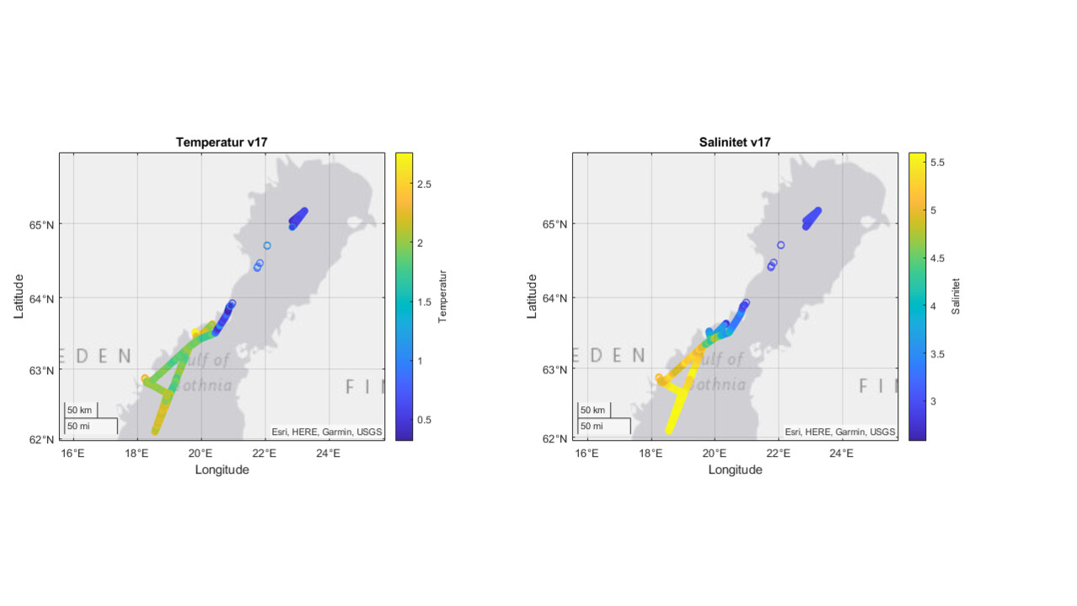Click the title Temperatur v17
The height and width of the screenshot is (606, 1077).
coord(222,142)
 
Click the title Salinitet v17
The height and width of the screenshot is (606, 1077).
coord(735,142)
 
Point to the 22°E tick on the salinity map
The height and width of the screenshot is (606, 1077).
coord(779,453)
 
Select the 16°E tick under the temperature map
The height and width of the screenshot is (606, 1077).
coord(74,453)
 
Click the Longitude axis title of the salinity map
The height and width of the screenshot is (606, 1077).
coord(735,469)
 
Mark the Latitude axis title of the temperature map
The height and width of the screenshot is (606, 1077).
coord(19,296)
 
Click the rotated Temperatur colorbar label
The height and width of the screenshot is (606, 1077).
coord(443,296)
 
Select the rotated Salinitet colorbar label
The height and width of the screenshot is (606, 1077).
coord(956,296)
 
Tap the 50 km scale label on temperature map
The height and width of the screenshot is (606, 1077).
coord(79,410)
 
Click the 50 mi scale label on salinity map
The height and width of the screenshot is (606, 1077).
coord(592,426)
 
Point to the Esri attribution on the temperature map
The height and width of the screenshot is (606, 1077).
coord(326,432)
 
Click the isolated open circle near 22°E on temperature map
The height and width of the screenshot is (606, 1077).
coord(267,245)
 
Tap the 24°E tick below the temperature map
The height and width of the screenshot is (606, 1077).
coord(328,453)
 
